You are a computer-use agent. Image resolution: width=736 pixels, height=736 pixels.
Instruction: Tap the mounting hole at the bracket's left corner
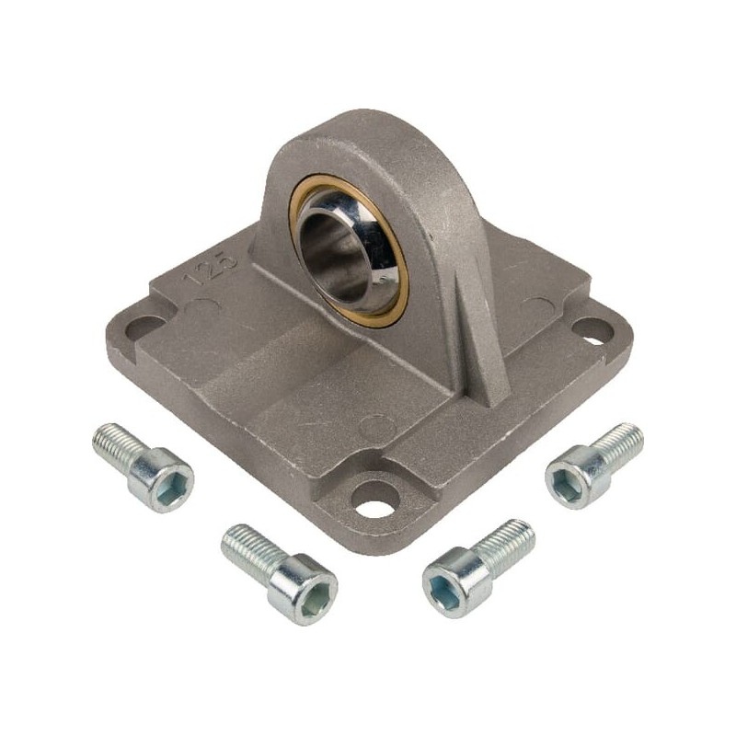pyautogui.click(x=144, y=328)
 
